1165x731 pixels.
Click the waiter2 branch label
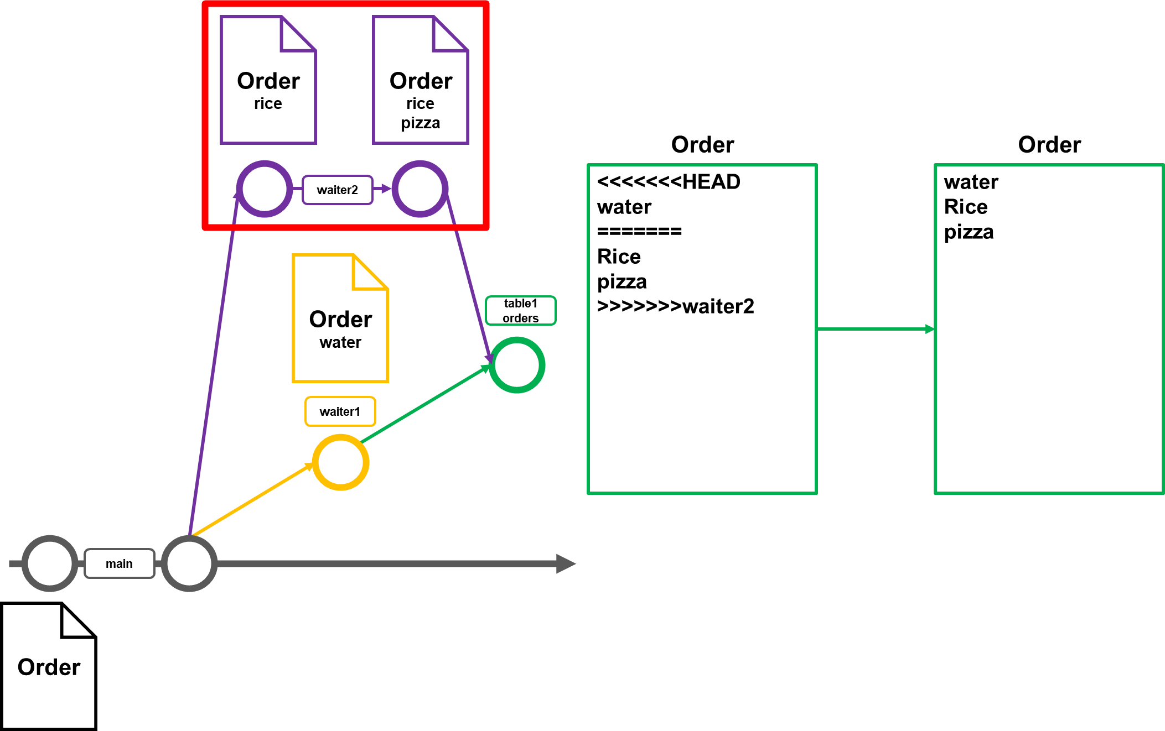pyautogui.click(x=337, y=190)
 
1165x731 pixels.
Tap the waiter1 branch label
pyautogui.click(x=340, y=411)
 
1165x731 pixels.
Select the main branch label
pyautogui.click(x=119, y=563)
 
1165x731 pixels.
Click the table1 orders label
pyautogui.click(x=520, y=311)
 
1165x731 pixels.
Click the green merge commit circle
pyautogui.click(x=517, y=365)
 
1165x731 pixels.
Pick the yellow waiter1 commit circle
pyautogui.click(x=340, y=462)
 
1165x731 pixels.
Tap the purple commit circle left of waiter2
pyautogui.click(x=265, y=189)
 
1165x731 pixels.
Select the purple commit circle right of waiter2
pyautogui.click(x=420, y=189)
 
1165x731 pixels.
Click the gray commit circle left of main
pyautogui.click(x=50, y=563)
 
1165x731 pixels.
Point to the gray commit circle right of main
pyautogui.click(x=189, y=563)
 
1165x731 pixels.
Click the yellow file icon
pyautogui.click(x=340, y=318)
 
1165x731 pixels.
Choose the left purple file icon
pyautogui.click(x=268, y=80)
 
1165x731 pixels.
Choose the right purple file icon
pyautogui.click(x=421, y=80)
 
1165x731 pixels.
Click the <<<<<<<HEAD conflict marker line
pyautogui.click(x=669, y=182)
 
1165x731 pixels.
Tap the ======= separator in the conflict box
pyautogui.click(x=639, y=231)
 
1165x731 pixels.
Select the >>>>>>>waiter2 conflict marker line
pyautogui.click(x=675, y=306)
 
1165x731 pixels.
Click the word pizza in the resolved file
pyautogui.click(x=969, y=232)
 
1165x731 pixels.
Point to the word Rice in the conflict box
pyautogui.click(x=619, y=257)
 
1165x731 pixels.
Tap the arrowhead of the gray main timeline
pyautogui.click(x=566, y=563)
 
